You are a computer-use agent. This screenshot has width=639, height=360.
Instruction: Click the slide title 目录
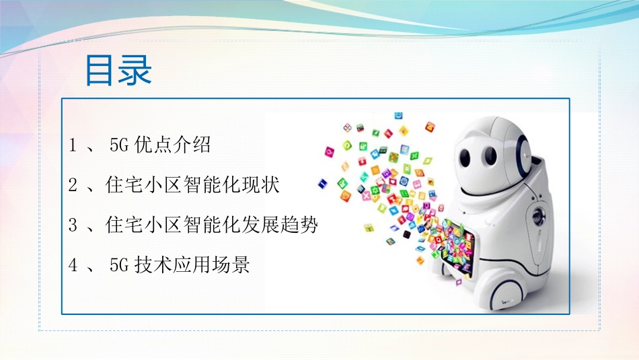pos(118,71)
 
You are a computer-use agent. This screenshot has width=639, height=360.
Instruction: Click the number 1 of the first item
pos(73,145)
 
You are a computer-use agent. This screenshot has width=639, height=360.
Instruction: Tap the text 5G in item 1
pos(118,145)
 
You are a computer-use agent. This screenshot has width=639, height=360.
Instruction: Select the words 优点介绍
pos(173,145)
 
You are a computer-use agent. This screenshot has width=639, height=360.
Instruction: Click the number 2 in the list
pos(73,185)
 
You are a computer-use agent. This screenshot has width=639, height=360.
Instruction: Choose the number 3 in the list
pos(73,225)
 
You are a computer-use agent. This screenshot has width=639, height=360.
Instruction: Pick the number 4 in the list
pos(73,265)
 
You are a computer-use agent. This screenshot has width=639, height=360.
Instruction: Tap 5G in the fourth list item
pos(118,265)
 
